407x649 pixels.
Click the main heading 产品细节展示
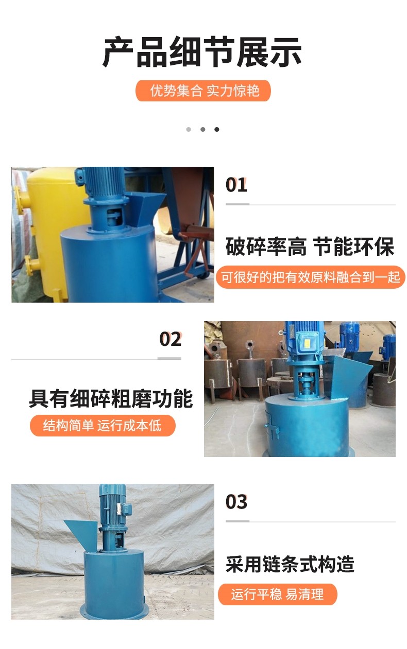pyautogui.click(x=202, y=51)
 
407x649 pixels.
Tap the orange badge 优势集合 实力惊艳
pyautogui.click(x=203, y=91)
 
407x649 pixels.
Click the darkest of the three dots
pyautogui.click(x=217, y=129)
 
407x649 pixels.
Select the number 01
pyautogui.click(x=236, y=185)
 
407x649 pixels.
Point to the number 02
pyautogui.click(x=170, y=339)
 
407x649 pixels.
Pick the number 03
pyautogui.click(x=236, y=502)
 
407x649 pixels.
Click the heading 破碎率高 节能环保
pyautogui.click(x=310, y=247)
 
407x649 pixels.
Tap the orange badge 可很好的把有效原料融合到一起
pyautogui.click(x=310, y=277)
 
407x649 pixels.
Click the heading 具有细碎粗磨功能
pyautogui.click(x=111, y=399)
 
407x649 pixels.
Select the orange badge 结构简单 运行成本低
pyautogui.click(x=103, y=426)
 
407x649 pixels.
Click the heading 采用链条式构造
pyautogui.click(x=290, y=564)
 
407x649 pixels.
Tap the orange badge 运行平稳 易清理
pyautogui.click(x=277, y=594)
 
